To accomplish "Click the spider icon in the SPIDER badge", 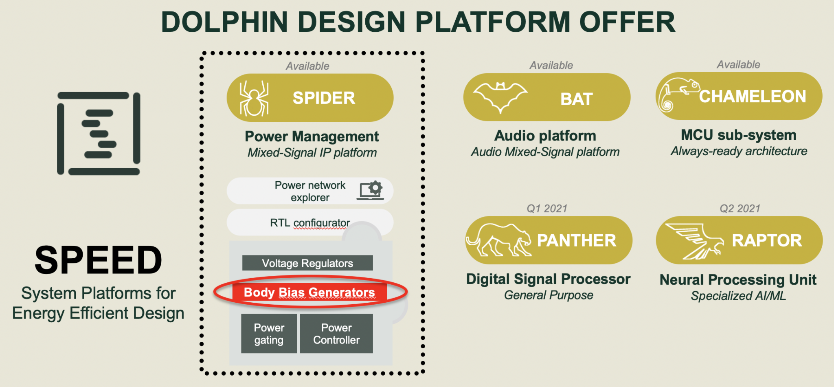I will pyautogui.click(x=254, y=98).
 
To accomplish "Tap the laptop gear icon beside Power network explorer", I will pyautogui.click(x=371, y=191).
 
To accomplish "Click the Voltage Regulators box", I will pyautogui.click(x=307, y=263).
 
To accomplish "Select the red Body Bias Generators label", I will pyautogui.click(x=309, y=292).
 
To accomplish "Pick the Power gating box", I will pyautogui.click(x=269, y=334).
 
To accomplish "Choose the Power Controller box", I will pyautogui.click(x=336, y=334).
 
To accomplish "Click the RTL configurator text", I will pyautogui.click(x=310, y=223).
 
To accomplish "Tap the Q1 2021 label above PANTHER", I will pyautogui.click(x=547, y=209).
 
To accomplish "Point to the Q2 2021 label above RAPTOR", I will pyautogui.click(x=740, y=209).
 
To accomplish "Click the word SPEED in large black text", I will pyautogui.click(x=98, y=260).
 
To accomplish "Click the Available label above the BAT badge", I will pyautogui.click(x=551, y=65).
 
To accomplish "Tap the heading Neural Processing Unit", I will pyautogui.click(x=738, y=280).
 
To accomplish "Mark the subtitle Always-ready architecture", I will pyautogui.click(x=739, y=151).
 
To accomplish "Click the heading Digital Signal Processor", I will pyautogui.click(x=548, y=279).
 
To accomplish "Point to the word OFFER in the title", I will pyautogui.click(x=627, y=22).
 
